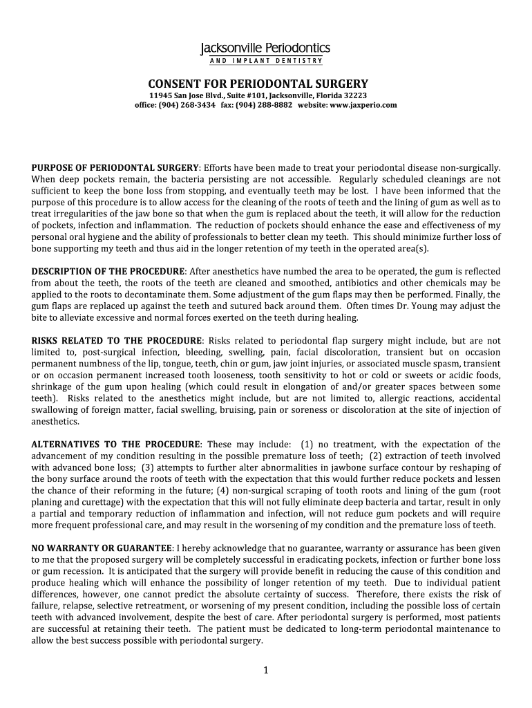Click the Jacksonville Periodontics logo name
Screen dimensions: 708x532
[x=265, y=48]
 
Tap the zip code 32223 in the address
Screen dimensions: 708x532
[x=352, y=95]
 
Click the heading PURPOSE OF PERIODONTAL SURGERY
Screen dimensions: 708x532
[x=115, y=168]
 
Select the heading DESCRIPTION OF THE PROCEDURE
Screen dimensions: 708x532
[x=108, y=272]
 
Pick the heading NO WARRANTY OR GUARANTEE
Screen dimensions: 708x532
[x=102, y=548]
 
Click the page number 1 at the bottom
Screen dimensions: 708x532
[x=265, y=670]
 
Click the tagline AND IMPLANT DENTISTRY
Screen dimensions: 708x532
[x=265, y=61]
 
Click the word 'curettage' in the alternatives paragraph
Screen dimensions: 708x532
[x=95, y=502]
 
